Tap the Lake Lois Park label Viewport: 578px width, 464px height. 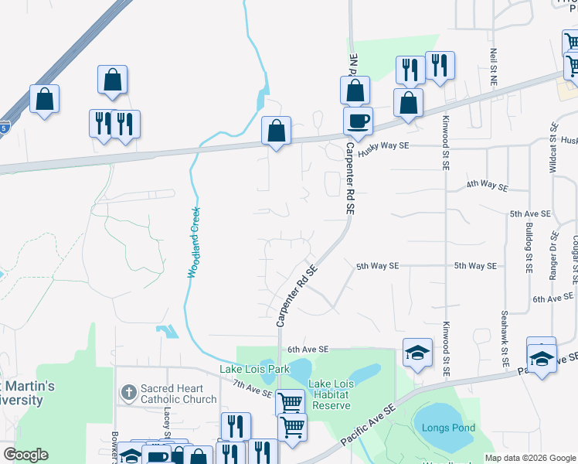click(255, 369)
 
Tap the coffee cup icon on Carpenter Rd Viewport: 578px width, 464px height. click(358, 121)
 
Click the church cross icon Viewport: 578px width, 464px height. click(129, 394)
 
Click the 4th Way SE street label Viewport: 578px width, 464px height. click(487, 186)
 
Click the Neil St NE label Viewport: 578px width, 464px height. click(493, 67)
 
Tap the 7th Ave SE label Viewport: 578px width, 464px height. click(252, 388)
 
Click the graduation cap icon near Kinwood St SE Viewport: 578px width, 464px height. click(416, 353)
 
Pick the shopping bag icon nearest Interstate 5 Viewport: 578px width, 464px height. click(44, 98)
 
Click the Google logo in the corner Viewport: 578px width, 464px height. click(25, 454)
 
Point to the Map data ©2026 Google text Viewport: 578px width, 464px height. click(530, 458)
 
